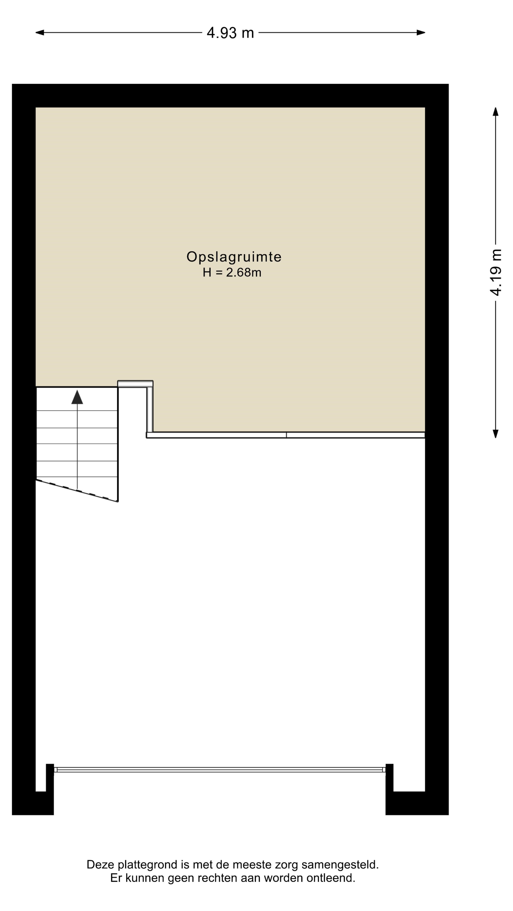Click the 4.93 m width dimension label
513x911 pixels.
pos(230,33)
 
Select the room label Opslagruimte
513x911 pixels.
pos(234,257)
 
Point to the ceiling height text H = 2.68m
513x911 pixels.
pos(232,272)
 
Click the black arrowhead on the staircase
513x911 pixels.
pos(77,397)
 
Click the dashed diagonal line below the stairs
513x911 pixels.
pos(77,491)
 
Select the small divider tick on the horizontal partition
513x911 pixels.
pos(286,435)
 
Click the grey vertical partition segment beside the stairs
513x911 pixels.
pos(150,409)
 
